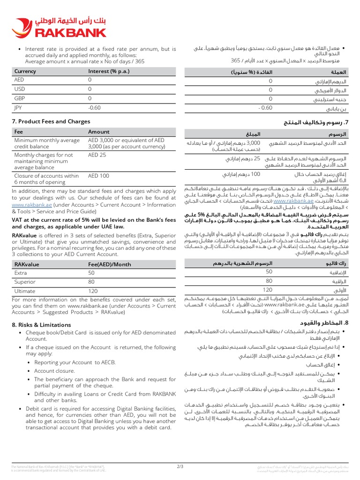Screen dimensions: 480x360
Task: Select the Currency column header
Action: [25, 71]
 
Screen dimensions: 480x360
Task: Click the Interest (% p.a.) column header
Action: [109, 71]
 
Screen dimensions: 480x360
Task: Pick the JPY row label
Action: [19, 107]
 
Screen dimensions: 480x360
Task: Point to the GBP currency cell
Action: [19, 98]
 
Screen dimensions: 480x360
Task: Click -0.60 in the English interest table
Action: [95, 107]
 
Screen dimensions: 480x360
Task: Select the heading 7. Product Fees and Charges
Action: [51, 121]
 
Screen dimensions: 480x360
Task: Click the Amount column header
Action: [99, 132]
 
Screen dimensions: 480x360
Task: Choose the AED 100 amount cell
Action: [99, 176]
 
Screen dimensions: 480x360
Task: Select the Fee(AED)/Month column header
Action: [110, 264]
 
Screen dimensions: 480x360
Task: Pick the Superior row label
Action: [25, 282]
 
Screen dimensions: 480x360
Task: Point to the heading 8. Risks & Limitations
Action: [41, 324]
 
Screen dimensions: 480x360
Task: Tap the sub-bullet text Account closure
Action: [54, 370]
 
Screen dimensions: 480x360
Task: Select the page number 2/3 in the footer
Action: [180, 466]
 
